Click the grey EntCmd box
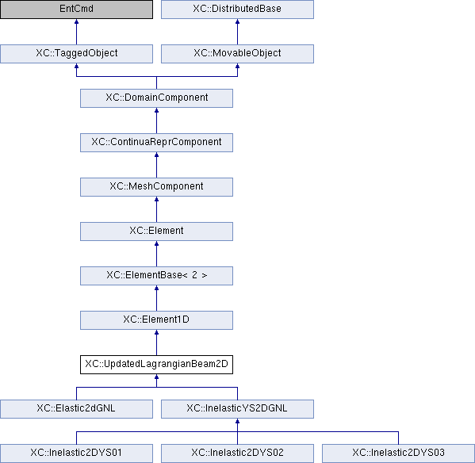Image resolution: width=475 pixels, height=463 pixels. coord(76,9)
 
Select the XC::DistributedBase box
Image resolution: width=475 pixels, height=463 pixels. coord(237,9)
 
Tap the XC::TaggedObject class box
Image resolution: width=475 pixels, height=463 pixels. coord(76,54)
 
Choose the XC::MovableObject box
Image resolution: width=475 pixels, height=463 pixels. coord(237,54)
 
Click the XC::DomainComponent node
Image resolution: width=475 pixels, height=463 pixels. coord(156,98)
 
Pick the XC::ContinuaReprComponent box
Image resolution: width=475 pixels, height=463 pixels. coord(156,143)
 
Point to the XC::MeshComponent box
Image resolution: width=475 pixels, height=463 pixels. coord(156,187)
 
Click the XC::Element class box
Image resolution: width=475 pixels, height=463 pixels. coord(156,231)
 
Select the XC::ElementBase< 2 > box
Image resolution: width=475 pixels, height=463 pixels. coord(156,276)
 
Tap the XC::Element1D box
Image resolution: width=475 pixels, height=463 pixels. coord(156,320)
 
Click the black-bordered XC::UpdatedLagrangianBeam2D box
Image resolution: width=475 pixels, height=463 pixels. coord(156,365)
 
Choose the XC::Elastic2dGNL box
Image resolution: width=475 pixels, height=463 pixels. coord(76,409)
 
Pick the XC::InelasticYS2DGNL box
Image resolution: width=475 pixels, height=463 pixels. coord(237,409)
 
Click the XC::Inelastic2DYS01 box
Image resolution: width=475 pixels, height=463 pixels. coord(76,453)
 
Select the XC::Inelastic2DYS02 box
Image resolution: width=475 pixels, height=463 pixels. coord(237,453)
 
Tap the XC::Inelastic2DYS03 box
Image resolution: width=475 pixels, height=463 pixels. coord(398,453)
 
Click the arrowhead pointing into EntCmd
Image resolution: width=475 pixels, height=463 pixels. coord(76,21)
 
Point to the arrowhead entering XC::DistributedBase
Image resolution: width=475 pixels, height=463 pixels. coord(237,21)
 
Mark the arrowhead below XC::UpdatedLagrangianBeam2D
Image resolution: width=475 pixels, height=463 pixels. coord(156,377)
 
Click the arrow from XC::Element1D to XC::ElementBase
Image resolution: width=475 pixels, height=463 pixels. coord(156,298)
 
